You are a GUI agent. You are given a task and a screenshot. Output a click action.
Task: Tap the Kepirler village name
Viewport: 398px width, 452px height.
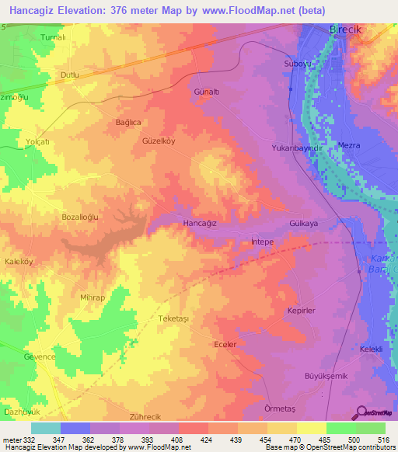pyautogui.click(x=301, y=310)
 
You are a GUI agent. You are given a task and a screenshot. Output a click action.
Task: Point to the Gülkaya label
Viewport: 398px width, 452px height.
pyautogui.click(x=304, y=223)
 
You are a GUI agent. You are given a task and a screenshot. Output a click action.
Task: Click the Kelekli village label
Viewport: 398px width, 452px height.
pyautogui.click(x=370, y=349)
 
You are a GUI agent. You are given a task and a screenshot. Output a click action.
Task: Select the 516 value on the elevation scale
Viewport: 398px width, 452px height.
pyautogui.click(x=386, y=440)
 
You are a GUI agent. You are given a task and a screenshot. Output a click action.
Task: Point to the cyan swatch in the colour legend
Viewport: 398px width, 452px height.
pyautogui.click(x=45, y=428)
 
